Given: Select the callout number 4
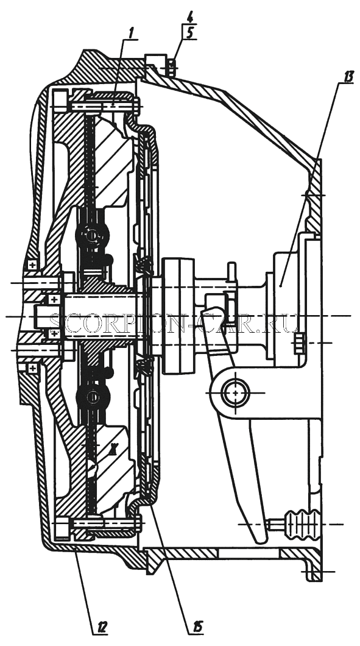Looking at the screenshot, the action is pyautogui.click(x=189, y=18).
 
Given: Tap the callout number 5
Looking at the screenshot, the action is pyautogui.click(x=189, y=33).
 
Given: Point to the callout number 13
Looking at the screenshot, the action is pyautogui.click(x=348, y=77).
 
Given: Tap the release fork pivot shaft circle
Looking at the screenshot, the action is pyautogui.click(x=235, y=392).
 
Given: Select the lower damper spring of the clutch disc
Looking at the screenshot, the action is pyautogui.click(x=93, y=397).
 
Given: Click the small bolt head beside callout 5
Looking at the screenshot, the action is pyautogui.click(x=172, y=67).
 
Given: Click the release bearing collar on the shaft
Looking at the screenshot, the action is pyautogui.click(x=178, y=316).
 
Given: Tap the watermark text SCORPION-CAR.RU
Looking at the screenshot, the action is pyautogui.click(x=174, y=324).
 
